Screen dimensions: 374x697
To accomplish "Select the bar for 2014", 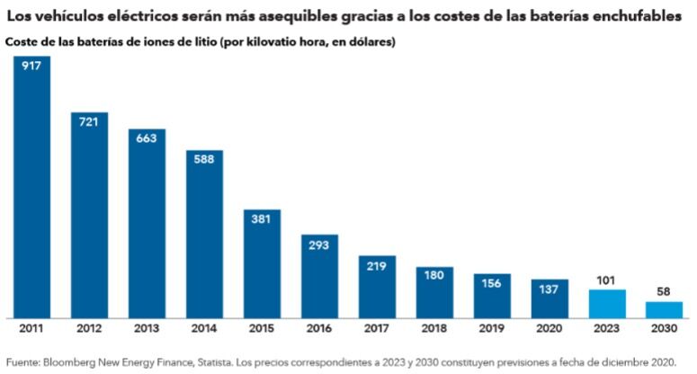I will [205, 234].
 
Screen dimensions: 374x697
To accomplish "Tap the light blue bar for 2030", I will [665, 310].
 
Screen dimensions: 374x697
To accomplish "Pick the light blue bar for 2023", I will [606, 304].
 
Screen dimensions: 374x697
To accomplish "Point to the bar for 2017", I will [377, 287].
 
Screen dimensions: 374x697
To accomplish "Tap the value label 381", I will [262, 219].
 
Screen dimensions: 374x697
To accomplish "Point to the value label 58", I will [665, 292].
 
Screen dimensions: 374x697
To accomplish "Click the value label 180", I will [434, 275].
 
